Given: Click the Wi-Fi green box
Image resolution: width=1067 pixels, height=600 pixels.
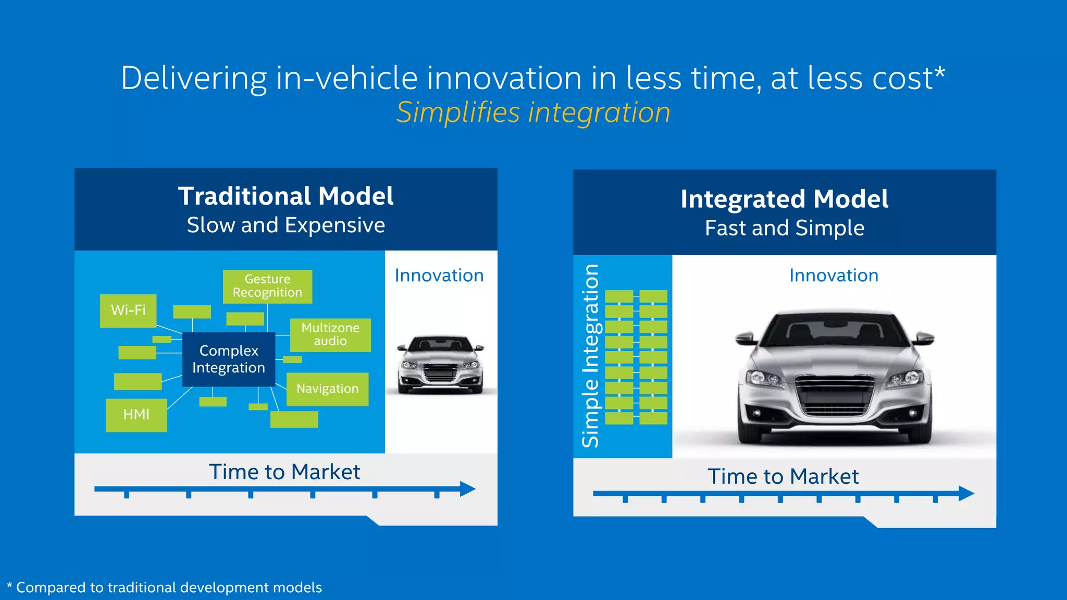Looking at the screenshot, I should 128,310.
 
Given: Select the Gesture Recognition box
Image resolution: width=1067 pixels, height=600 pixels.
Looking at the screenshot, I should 267,286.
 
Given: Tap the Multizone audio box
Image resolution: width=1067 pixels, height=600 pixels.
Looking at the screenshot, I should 330,334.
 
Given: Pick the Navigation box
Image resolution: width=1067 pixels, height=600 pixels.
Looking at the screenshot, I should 327,389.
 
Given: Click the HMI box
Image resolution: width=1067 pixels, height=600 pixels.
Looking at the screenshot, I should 136,415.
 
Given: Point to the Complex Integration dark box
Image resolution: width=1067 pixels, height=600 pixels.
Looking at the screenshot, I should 228,359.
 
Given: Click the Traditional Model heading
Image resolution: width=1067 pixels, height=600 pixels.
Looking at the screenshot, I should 286,196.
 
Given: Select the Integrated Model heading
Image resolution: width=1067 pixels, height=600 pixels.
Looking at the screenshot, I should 784,199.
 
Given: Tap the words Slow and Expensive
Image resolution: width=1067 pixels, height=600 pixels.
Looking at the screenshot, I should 286,225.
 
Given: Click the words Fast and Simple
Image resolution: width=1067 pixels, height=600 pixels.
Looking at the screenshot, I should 784,228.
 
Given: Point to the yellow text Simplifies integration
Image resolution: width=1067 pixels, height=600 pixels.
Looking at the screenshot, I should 533,112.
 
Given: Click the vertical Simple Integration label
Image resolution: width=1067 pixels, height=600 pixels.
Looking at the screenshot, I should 590,356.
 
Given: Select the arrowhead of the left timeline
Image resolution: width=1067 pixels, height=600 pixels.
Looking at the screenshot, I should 468,489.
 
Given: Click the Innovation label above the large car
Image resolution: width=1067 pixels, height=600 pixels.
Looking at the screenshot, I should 834,275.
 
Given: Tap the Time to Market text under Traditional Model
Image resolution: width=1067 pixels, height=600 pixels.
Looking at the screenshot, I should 284,472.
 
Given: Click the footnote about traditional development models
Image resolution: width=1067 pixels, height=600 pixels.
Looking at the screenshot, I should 165,587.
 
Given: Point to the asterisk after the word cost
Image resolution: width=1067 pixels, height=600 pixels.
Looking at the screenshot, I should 939,73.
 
